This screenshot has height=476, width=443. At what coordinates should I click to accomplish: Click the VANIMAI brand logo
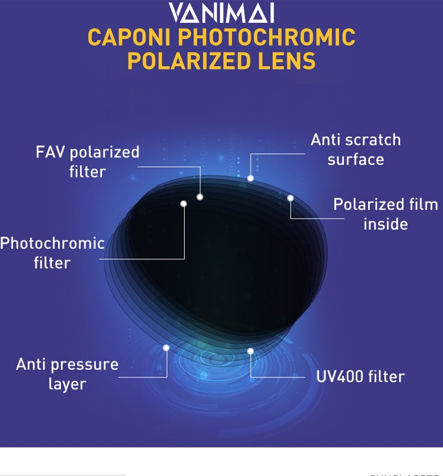[x=221, y=13]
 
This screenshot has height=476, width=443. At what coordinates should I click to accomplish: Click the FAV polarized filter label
[x=88, y=162]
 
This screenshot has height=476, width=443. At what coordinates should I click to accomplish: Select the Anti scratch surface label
[x=356, y=149]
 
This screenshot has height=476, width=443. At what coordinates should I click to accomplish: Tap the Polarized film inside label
[x=385, y=214]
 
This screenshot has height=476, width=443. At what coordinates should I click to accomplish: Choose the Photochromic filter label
[x=52, y=253]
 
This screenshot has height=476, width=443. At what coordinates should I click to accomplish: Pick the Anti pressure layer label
[x=67, y=374]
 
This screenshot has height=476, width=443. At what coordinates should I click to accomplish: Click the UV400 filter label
[x=360, y=376]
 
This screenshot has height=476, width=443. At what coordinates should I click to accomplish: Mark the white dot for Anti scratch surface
[x=251, y=178]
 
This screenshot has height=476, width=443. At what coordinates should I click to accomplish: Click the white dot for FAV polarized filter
[x=200, y=197]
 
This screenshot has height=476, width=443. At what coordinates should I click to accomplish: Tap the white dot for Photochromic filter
[x=184, y=204]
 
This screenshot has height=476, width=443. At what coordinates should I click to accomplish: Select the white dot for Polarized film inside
[x=291, y=198]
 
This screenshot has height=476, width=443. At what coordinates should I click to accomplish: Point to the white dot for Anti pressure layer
[x=166, y=348]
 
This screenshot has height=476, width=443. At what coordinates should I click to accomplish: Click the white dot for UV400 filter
[x=251, y=351]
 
